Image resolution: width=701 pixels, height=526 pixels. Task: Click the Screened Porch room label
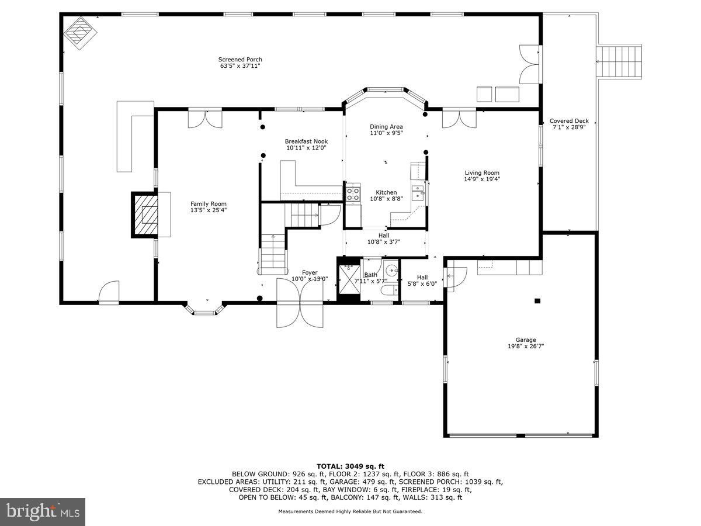[x=240, y=60]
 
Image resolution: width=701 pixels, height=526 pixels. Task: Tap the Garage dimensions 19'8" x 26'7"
[x=526, y=346]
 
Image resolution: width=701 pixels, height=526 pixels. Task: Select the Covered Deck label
[x=569, y=121]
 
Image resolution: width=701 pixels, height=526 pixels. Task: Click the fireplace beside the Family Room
[x=144, y=214]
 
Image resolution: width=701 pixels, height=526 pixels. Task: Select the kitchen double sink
[x=418, y=192]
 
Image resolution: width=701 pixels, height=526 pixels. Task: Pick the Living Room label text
[x=482, y=172]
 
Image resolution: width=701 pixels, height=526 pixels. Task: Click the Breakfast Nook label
[x=306, y=141]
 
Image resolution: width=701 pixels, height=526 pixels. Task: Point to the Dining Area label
[x=386, y=127]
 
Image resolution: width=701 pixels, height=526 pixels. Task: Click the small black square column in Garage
[x=537, y=301]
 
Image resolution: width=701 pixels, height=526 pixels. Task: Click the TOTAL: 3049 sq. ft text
[x=350, y=466]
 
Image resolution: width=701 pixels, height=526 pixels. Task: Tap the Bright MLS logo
[x=43, y=512]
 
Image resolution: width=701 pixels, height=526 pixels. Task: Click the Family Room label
[x=208, y=204]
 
